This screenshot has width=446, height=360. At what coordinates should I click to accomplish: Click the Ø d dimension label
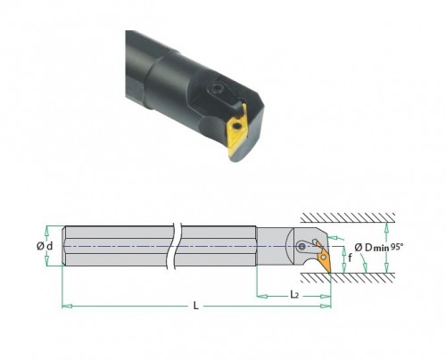tap(45, 246)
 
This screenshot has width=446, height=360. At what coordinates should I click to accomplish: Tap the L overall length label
tap(195, 306)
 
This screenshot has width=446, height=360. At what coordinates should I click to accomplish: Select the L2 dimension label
tap(294, 295)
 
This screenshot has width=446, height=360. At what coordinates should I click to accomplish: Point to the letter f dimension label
tap(350, 258)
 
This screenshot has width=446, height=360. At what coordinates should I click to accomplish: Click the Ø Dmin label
tap(372, 248)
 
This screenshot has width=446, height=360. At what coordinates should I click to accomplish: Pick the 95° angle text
tap(397, 247)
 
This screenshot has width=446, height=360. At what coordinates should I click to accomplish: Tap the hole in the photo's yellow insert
tap(237, 127)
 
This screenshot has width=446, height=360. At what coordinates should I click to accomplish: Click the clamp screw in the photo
tap(216, 88)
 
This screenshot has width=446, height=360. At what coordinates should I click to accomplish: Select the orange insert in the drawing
tap(324, 257)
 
